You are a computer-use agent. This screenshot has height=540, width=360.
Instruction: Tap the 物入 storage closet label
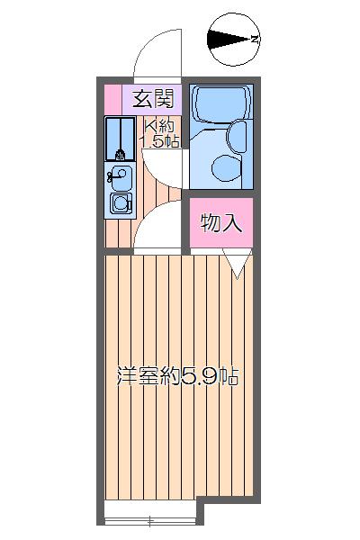[220, 223]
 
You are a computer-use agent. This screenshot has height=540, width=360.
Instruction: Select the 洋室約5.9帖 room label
[177, 376]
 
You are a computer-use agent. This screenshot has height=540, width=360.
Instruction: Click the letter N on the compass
[256, 40]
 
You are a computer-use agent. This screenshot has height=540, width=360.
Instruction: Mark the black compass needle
[226, 40]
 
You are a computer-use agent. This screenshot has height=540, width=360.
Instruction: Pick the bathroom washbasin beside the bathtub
[238, 136]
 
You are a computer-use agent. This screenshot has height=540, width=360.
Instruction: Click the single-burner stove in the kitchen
[120, 204]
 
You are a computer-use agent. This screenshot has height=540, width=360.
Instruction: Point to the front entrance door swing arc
[159, 54]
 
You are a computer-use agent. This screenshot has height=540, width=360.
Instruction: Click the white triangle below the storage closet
[237, 264]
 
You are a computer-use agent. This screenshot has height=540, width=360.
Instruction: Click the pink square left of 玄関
[112, 97]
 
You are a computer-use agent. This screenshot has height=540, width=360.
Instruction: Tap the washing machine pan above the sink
[119, 139]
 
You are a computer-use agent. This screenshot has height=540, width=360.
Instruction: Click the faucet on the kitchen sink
[112, 175]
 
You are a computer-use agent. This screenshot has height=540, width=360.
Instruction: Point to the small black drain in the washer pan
[119, 154]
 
